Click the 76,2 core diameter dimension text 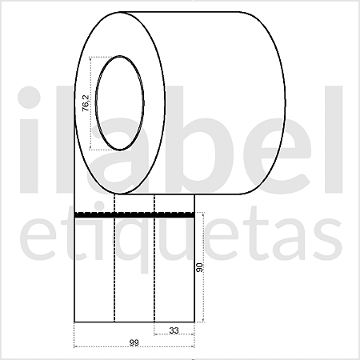[x=86, y=104]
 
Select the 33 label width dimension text [x=174, y=330]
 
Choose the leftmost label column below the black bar [x=94, y=272]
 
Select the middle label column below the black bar [x=134, y=272]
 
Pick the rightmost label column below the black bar [x=174, y=272]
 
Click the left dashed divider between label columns [x=114, y=272]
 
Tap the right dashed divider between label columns [x=154, y=272]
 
